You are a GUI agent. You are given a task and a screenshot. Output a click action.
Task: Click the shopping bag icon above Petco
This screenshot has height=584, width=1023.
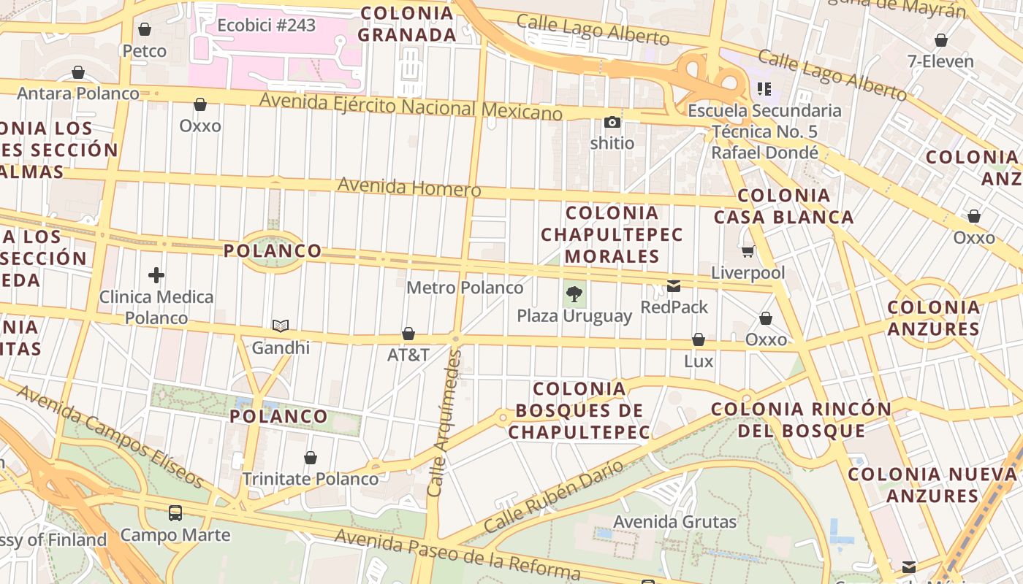coord(145,29)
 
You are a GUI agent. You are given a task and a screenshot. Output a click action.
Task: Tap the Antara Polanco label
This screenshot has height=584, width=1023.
coord(78,93)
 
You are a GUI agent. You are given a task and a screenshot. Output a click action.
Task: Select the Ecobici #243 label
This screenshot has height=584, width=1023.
coord(266,26)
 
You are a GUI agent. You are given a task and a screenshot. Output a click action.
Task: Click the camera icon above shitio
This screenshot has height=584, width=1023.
coord(612,122)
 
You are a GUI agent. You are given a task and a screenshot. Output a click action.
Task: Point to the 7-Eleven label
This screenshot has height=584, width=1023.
coord(940,61)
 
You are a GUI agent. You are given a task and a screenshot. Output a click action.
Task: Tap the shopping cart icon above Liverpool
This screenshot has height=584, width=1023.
coord(748,252)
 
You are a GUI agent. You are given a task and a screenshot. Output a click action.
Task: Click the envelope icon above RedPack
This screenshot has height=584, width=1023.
coord(674,286)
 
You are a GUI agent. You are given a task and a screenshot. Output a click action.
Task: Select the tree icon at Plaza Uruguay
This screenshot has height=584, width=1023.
coord(574,295)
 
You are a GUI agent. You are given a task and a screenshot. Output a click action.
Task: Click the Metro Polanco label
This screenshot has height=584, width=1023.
coord(465,288)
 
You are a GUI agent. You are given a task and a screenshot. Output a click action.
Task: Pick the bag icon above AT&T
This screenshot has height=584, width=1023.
coord(408,334)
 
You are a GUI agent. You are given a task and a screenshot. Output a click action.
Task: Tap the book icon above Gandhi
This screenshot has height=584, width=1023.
coord(281,326)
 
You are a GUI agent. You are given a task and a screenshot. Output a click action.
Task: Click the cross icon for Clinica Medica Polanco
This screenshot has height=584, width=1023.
coord(156,275)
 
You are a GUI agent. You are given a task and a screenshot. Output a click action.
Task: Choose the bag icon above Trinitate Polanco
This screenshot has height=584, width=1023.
coord(311,458)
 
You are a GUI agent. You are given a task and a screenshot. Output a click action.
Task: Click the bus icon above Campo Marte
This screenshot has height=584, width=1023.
coord(175,513)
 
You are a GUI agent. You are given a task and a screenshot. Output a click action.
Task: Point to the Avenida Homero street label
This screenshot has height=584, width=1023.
coord(409,188)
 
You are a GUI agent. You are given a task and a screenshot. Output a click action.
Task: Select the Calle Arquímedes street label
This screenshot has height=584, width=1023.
coord(445,423)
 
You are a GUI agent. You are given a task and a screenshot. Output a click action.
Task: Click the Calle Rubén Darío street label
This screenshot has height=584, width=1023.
coord(554,496)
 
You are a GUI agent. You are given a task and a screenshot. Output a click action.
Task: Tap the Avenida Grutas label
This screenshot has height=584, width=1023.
coord(674,522)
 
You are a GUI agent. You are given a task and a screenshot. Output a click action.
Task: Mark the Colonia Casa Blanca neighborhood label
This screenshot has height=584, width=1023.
coord(783,206)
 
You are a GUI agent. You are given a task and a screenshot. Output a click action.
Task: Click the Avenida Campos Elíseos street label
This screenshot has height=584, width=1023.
coord(109,436)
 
